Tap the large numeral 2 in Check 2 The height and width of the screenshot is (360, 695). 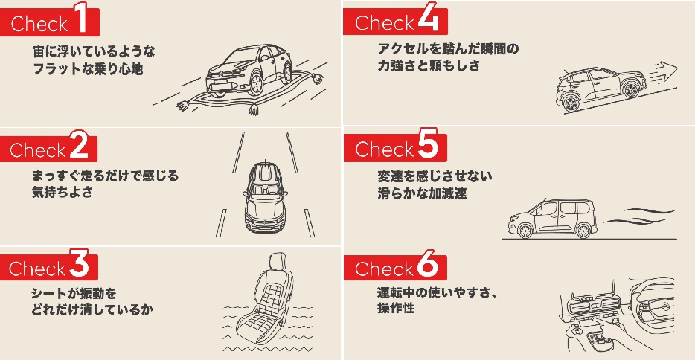pyautogui.click(x=78, y=148)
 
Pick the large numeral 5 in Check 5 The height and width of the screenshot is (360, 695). pyautogui.click(x=426, y=147)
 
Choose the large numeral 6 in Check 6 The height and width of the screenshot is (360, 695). pyautogui.click(x=426, y=266)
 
